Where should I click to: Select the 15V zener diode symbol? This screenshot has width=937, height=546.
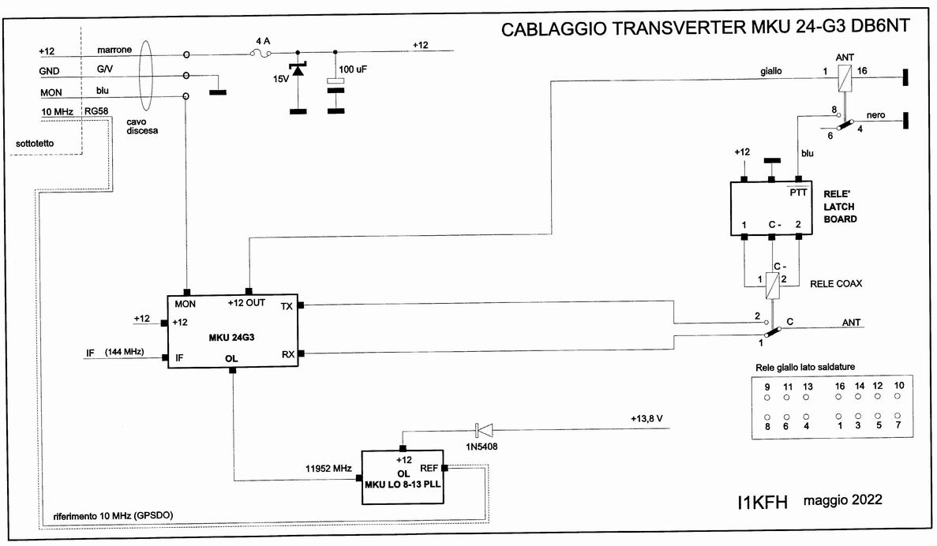pos(297,72)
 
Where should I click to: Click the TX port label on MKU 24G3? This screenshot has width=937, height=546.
pos(286,305)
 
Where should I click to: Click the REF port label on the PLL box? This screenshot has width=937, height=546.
pos(429,466)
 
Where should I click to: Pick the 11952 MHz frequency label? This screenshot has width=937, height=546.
pos(329,468)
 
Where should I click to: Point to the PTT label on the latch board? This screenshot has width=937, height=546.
pos(799,192)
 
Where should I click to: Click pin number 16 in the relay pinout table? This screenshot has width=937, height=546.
pos(840,386)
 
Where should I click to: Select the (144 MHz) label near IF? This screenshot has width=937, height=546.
pos(123,352)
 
